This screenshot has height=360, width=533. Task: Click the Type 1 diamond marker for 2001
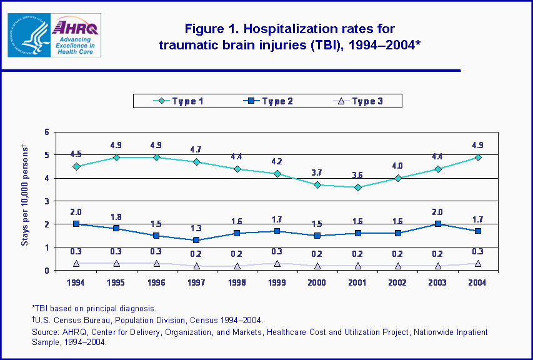(357, 187)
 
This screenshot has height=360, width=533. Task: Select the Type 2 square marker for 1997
(197, 240)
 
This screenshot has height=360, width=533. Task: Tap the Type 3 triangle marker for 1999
(277, 264)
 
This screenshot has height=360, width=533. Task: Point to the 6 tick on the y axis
(46, 132)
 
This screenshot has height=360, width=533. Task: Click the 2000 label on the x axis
(317, 282)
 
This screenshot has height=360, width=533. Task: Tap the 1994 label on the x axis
(76, 282)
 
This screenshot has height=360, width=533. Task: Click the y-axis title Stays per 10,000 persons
(26, 194)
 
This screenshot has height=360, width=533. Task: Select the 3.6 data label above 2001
(357, 175)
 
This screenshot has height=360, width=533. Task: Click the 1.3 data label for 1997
(197, 228)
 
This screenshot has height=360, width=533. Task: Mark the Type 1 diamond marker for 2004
(478, 157)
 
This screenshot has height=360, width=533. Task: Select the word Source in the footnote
(45, 332)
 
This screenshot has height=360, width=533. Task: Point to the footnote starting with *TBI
(94, 308)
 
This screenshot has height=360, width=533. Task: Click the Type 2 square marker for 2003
(438, 224)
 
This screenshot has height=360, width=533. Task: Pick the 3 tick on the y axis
(46, 201)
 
